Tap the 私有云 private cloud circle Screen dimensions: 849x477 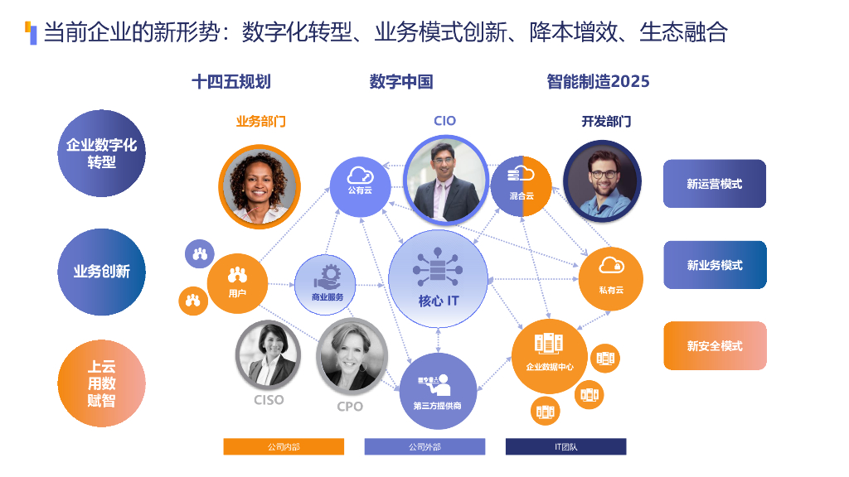pyautogui.click(x=611, y=278)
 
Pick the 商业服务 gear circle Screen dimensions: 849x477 pyautogui.click(x=326, y=285)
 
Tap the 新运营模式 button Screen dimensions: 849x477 pyautogui.click(x=714, y=184)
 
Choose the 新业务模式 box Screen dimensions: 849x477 pyautogui.click(x=714, y=265)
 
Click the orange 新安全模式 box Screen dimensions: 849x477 pyautogui.click(x=714, y=345)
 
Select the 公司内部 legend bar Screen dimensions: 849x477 pyautogui.click(x=284, y=447)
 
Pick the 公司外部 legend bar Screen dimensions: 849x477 pyautogui.click(x=424, y=447)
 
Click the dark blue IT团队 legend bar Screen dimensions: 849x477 pyautogui.click(x=565, y=447)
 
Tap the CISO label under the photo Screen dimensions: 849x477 pyautogui.click(x=269, y=400)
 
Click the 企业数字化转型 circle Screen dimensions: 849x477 pyautogui.click(x=101, y=154)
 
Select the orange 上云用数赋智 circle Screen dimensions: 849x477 pyautogui.click(x=101, y=383)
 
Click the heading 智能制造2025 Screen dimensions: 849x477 pyautogui.click(x=598, y=81)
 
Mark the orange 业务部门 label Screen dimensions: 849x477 pyautogui.click(x=260, y=121)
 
